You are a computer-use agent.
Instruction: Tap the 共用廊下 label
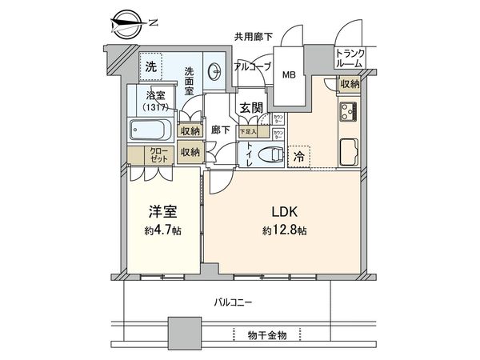(252, 36)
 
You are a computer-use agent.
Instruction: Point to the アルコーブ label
(253, 67)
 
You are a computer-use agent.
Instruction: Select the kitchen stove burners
(349, 112)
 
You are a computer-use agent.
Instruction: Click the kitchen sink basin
(350, 150)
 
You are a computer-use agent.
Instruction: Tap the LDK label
(285, 215)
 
